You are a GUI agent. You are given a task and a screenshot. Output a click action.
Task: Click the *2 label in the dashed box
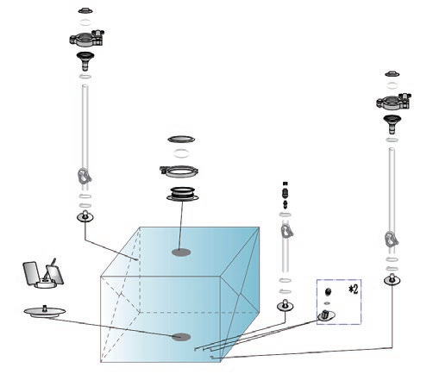point(354,290)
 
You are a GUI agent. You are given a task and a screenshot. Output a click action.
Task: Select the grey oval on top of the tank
point(181,252)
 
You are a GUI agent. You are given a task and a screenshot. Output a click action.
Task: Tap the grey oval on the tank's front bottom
point(181,337)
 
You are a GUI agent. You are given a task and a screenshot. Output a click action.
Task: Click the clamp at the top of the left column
point(86,38)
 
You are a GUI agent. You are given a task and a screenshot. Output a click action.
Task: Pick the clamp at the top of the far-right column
point(393,102)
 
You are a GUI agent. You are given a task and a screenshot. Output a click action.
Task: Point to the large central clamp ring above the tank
point(179,171)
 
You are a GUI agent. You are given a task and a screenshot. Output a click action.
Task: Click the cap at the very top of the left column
point(85,10)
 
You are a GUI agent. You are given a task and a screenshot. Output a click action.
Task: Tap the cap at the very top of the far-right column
point(392,74)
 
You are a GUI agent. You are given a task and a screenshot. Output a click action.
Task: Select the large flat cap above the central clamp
point(181,140)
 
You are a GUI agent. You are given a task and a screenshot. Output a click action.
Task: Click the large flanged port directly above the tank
point(183,194)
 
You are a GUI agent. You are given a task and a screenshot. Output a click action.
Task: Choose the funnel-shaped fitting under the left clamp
point(85,61)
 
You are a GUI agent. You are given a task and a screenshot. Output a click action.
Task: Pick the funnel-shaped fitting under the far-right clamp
point(392,124)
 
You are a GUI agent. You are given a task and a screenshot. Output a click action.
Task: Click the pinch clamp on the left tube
point(85,177)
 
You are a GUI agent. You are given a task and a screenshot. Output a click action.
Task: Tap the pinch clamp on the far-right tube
point(392,240)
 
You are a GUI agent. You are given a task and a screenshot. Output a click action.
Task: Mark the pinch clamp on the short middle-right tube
point(286,232)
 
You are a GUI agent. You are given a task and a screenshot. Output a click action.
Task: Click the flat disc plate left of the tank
point(45,312)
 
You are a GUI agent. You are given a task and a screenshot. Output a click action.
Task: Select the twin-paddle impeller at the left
point(43,275)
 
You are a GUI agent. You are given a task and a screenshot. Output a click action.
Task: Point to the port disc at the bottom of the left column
point(85,216)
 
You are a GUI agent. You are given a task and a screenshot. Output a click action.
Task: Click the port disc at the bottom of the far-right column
point(392,280)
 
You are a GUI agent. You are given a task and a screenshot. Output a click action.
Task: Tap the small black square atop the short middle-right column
point(286,184)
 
